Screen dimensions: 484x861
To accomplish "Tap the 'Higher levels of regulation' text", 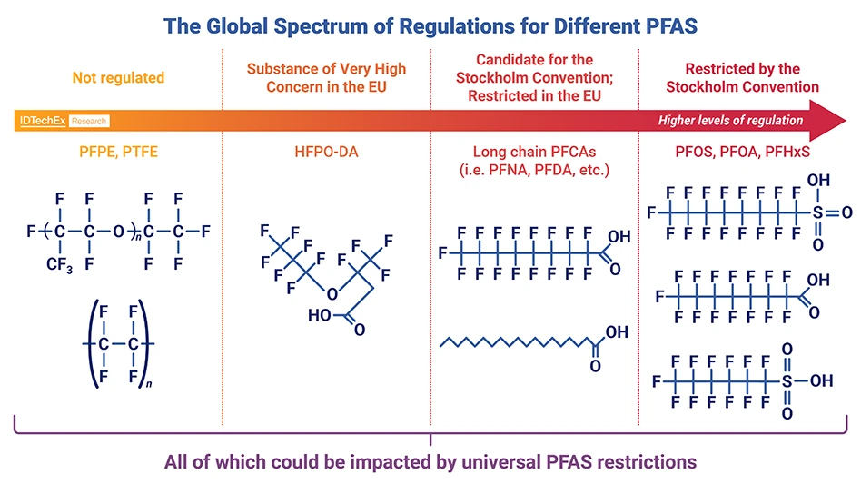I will coord(730,121).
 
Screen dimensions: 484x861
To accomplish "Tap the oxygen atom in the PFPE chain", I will coord(121,232).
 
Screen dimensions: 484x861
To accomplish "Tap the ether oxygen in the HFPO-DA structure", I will coord(332,292).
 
